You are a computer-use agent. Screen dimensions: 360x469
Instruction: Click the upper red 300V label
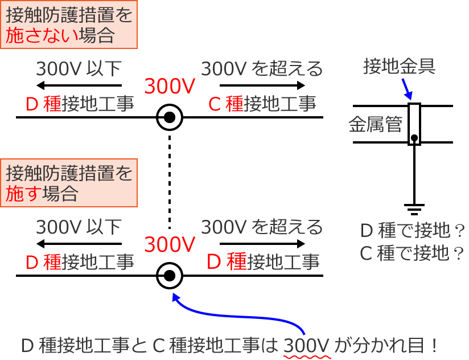(x=170, y=87)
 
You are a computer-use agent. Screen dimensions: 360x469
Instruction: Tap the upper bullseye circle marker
(x=170, y=118)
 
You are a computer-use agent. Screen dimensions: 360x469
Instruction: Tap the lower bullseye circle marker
(x=170, y=276)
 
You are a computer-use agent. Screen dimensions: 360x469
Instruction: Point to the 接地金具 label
(x=400, y=67)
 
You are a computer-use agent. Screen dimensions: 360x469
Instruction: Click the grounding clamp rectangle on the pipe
(x=414, y=124)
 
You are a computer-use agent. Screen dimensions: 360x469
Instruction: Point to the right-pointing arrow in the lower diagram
(x=262, y=244)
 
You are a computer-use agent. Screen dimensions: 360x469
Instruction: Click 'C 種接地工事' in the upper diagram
(x=262, y=104)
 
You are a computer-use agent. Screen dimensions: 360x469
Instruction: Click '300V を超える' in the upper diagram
(x=262, y=69)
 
